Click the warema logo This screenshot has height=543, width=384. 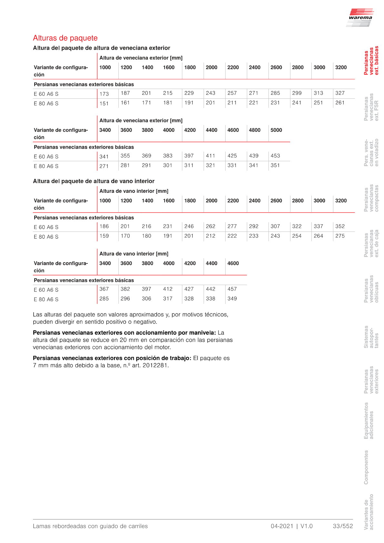pyautogui.click(x=360, y=18)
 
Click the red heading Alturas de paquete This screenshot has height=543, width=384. pyautogui.click(x=65, y=38)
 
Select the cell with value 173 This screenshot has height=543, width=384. pyautogui.click(x=104, y=94)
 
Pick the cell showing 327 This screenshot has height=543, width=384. pyautogui.click(x=340, y=93)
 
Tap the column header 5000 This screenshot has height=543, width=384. pyautogui.click(x=276, y=130)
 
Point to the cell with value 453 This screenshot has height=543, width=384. pyautogui.click(x=275, y=156)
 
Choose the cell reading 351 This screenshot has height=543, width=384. pyautogui.click(x=275, y=165)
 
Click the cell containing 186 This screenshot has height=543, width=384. pyautogui.click(x=104, y=226)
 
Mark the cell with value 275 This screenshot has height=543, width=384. pyautogui.click(x=340, y=236)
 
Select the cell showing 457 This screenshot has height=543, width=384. pyautogui.click(x=232, y=289)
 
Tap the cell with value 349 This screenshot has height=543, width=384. pyautogui.click(x=232, y=299)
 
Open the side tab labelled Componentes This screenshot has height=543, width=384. pyautogui.click(x=366, y=467)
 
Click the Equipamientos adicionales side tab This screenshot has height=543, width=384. pyautogui.click(x=369, y=420)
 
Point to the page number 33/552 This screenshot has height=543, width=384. pyautogui.click(x=343, y=526)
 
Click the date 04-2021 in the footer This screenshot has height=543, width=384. pyautogui.click(x=282, y=526)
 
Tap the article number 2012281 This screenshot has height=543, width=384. pyautogui.click(x=155, y=366)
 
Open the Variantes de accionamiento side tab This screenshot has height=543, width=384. pyautogui.click(x=369, y=512)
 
